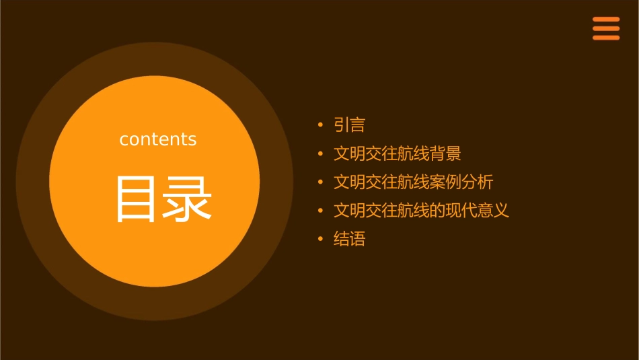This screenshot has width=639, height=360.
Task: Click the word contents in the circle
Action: (158, 139)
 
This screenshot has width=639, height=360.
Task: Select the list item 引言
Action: (349, 125)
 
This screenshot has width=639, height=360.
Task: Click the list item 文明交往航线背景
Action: (397, 153)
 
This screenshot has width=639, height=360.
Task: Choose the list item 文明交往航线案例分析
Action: (413, 182)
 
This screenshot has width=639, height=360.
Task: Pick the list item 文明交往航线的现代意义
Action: (421, 211)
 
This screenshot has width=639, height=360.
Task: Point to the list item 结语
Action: (349, 239)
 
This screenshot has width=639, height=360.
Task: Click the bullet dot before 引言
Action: (320, 125)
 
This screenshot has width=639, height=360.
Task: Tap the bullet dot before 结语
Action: (320, 239)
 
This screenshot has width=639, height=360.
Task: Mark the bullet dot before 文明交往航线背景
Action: (320, 154)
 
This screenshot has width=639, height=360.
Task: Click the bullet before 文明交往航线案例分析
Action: (320, 182)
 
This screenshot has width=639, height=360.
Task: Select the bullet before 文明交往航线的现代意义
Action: (320, 211)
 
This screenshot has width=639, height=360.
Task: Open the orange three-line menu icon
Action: (605, 28)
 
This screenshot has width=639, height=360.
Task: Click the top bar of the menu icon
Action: (605, 20)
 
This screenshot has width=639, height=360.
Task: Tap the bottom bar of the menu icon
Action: (605, 38)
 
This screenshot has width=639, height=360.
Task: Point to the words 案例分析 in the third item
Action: (461, 182)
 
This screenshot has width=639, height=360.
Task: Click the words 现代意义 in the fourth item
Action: (478, 211)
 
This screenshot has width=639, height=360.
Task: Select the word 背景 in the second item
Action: (445, 153)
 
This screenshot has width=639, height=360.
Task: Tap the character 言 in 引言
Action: (357, 125)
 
